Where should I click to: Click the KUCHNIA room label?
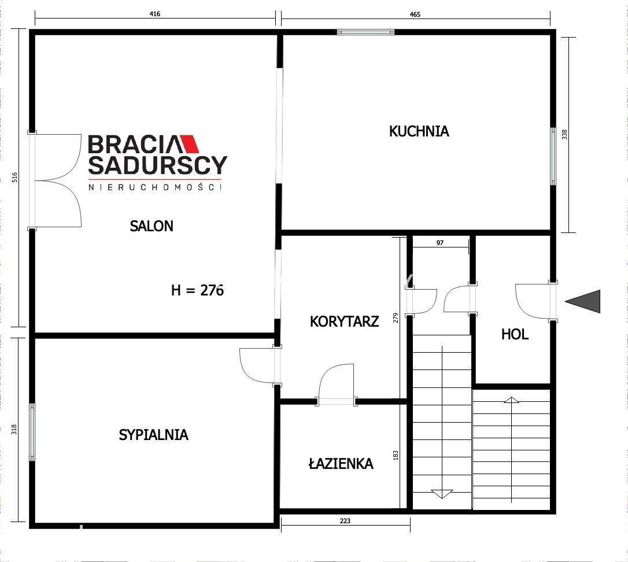[x=419, y=131]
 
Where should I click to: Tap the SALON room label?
[x=152, y=226]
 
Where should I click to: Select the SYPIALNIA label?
[x=153, y=435]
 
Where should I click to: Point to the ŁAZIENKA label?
[x=341, y=464]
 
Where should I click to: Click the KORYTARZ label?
[x=345, y=321]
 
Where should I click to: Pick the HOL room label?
[x=515, y=334]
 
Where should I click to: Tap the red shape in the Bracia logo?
[x=189, y=144]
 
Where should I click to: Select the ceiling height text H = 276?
[x=197, y=290]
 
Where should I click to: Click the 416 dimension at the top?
[x=154, y=14]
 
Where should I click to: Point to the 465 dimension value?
[x=415, y=14]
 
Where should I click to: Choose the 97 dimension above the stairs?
[x=439, y=243]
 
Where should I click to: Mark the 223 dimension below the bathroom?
[x=345, y=521]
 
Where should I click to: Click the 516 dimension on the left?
[x=14, y=177]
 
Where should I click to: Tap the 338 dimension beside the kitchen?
[x=564, y=135]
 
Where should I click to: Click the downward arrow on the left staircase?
[x=442, y=494]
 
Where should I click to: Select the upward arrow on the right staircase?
[x=511, y=400]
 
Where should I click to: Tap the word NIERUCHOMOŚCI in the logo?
[x=154, y=187]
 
